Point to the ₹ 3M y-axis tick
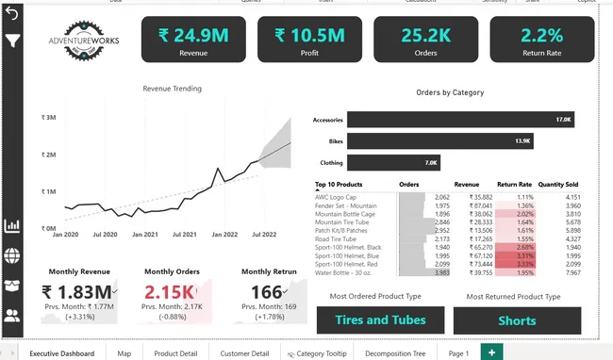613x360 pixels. click(48, 118)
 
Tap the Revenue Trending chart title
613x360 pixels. click(172, 89)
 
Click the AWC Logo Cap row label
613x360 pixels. click(335, 197)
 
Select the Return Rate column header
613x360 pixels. click(514, 185)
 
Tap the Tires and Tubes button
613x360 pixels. click(380, 320)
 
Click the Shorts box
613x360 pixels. click(517, 320)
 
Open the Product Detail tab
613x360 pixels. click(175, 353)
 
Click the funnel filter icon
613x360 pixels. click(13, 41)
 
